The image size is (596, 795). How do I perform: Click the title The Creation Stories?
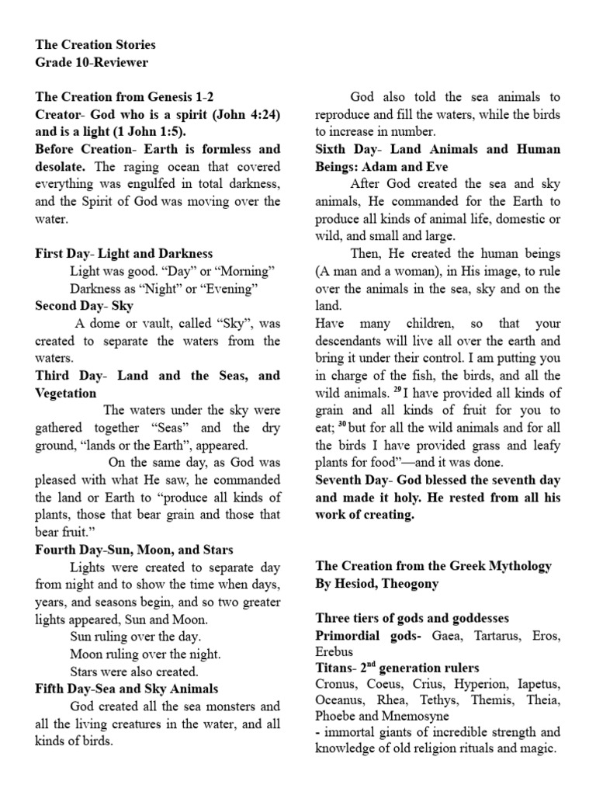(x=95, y=45)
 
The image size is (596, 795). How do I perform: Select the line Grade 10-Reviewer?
(x=92, y=62)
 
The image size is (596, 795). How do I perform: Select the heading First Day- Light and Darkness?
(x=123, y=253)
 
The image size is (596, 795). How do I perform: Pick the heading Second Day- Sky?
(x=85, y=305)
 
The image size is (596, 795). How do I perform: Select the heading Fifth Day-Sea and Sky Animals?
(x=126, y=689)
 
